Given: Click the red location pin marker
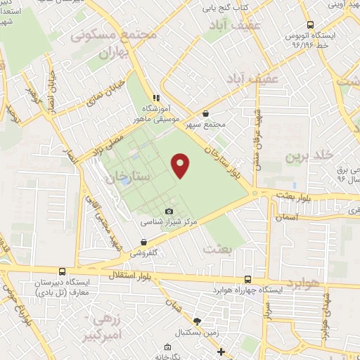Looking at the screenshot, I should click(181, 165).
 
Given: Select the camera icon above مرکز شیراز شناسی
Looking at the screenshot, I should click(169, 212).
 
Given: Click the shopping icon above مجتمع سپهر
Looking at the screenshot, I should click(205, 113).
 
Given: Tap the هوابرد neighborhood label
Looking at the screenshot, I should click(303, 282).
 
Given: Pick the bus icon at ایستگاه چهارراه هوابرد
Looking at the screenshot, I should click(247, 279).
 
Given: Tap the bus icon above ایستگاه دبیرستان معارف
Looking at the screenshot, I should click(63, 271).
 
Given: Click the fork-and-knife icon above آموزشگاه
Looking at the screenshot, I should click(156, 98).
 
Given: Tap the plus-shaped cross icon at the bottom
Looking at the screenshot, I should click(221, 352).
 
